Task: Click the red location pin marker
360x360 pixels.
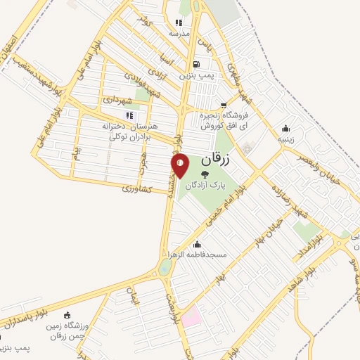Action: (x=181, y=165)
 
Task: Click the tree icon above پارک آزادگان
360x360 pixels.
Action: (x=205, y=173)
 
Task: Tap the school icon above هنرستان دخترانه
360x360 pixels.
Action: (x=129, y=115)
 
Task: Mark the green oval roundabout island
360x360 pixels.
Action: (x=165, y=267)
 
